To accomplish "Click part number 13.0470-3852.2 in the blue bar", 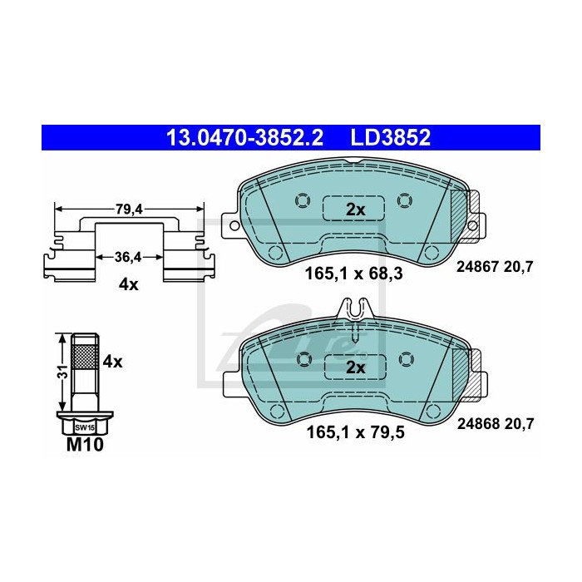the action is (245, 138).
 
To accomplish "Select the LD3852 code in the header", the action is (391, 138).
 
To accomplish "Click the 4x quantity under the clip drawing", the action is (128, 285).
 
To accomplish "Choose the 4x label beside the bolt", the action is (112, 362).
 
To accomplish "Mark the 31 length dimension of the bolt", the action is (64, 372).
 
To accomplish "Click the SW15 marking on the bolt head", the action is (85, 427).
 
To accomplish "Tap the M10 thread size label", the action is (85, 445).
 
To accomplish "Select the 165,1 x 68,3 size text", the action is (353, 274).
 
